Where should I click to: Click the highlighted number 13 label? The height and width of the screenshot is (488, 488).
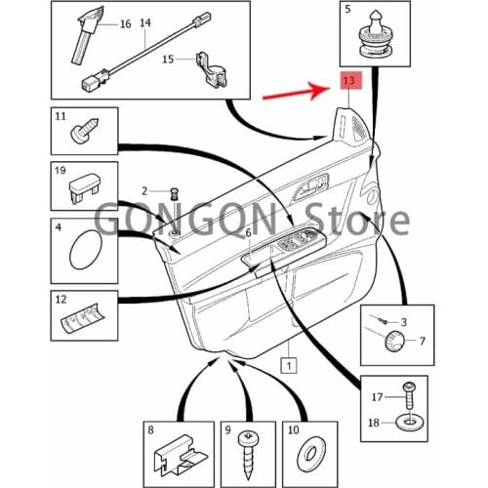click(349, 81)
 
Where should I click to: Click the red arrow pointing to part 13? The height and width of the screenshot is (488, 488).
click(297, 95)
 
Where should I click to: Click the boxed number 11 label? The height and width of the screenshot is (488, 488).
click(61, 117)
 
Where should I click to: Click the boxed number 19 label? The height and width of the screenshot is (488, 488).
click(61, 173)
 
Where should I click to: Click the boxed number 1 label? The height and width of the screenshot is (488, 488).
click(288, 367)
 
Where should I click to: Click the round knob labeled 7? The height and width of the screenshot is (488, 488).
click(392, 341)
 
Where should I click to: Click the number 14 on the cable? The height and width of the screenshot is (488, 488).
click(145, 20)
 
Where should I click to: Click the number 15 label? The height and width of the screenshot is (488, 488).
click(167, 60)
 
